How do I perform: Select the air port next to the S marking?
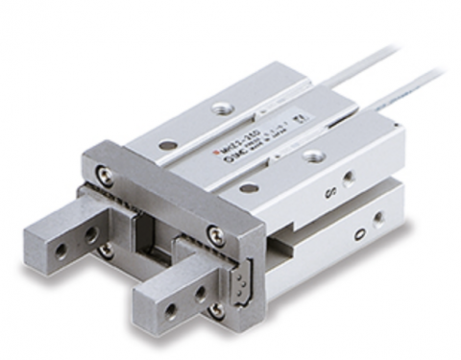348,177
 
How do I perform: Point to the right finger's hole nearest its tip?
170,310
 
